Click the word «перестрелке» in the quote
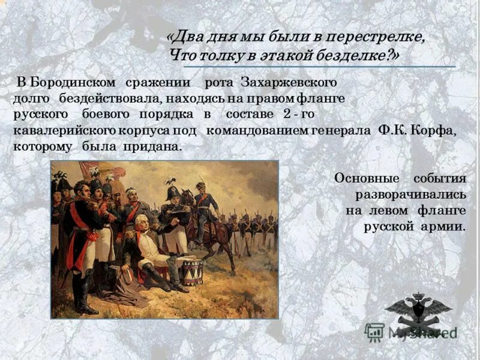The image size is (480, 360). coord(374,37)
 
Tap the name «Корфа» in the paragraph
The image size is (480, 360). coord(433,131)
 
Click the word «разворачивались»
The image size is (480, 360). coord(410,195)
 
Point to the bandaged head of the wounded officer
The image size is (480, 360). coord(131,194)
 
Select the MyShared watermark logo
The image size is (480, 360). coord(411,332)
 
